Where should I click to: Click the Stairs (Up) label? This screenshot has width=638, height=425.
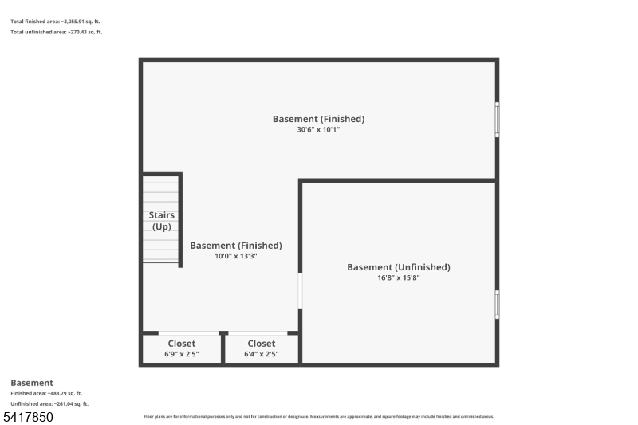point(162,221)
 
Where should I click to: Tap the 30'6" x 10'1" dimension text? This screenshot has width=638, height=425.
point(318,129)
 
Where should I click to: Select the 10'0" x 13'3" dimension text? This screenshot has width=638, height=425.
point(235,256)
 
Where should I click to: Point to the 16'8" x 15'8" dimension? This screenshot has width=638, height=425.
point(398,278)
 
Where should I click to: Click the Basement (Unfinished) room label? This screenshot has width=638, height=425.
point(398,267)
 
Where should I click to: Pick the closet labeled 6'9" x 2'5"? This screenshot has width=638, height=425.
point(181,348)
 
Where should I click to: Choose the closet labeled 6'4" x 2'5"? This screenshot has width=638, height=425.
point(261,348)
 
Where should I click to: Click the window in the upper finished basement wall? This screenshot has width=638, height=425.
point(497,120)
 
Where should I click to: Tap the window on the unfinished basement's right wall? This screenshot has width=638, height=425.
point(497,305)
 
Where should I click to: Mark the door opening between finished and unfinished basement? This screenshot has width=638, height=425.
point(301,291)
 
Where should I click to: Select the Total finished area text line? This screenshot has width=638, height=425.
point(56,21)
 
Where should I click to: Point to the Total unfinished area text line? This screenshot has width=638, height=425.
point(57,32)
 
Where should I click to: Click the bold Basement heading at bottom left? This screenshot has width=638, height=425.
point(32,383)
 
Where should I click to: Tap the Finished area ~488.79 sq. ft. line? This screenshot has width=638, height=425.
point(46,393)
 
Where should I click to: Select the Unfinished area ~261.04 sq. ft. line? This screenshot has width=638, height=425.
point(49,403)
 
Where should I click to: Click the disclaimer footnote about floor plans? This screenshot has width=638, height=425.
point(318,416)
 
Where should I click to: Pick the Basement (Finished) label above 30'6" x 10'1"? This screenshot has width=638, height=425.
point(318,119)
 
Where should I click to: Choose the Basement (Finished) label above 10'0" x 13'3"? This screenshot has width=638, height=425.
point(235,246)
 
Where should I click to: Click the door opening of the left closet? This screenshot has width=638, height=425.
point(188,333)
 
